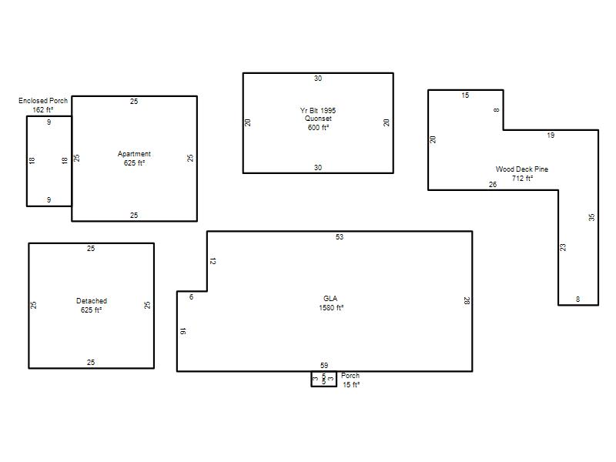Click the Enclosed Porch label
pos(43,101)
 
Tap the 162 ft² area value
pos(43,109)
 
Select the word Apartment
pos(134,154)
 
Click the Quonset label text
pos(318,119)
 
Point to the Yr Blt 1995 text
pos(318,110)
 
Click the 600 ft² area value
pos(318,127)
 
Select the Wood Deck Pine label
pos(522,169)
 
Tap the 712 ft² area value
pos(522,179)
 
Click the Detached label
pos(92,301)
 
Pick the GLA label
pos(330,299)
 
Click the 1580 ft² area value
pos(331,307)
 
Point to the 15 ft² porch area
pos(351,384)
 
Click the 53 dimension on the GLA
pos(340,237)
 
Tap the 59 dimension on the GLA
pos(324,365)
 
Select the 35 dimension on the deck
pos(591,217)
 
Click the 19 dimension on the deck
pos(551,136)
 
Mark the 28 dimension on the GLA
pos(467,301)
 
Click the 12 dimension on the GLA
pos(213,261)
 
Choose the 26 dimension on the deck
pos(493,184)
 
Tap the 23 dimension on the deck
pos(563,247)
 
